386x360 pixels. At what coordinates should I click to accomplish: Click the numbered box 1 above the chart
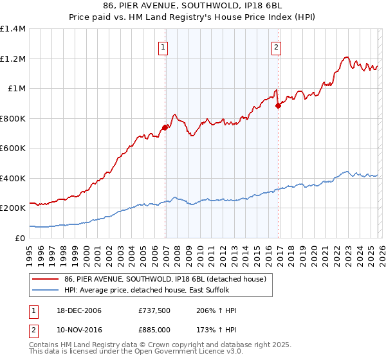pyautogui.click(x=163, y=47)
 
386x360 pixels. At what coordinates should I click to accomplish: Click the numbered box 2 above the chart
pyautogui.click(x=276, y=47)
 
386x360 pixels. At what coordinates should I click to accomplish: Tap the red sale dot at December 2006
pyautogui.click(x=165, y=127)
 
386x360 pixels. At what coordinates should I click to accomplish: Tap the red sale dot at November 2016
pyautogui.click(x=278, y=105)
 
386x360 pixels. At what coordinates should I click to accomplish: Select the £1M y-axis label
pyautogui.click(x=16, y=89)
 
